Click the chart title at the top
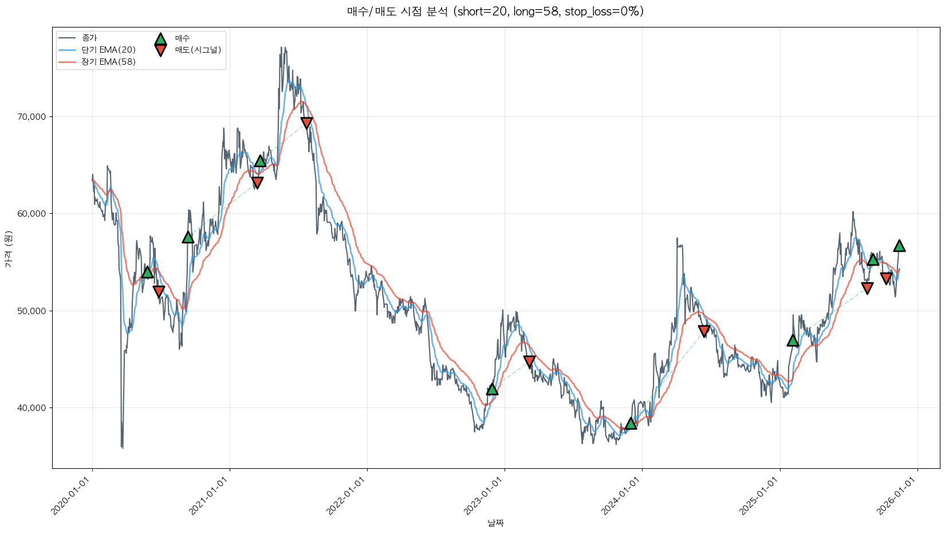coord(495,11)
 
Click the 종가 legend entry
coord(89,38)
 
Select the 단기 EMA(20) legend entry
coord(108,50)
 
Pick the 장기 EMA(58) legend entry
coord(108,62)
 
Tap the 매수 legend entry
coord(182,38)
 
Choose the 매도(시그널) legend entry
coord(198,50)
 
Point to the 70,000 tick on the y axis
coord(33,117)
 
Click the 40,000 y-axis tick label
coord(33,408)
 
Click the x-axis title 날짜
coord(495,523)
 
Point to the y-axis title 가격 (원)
coord(8,249)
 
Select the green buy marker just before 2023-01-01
coord(492,389)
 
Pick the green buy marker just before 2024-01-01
coord(631,423)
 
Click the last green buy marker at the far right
coord(899,245)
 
